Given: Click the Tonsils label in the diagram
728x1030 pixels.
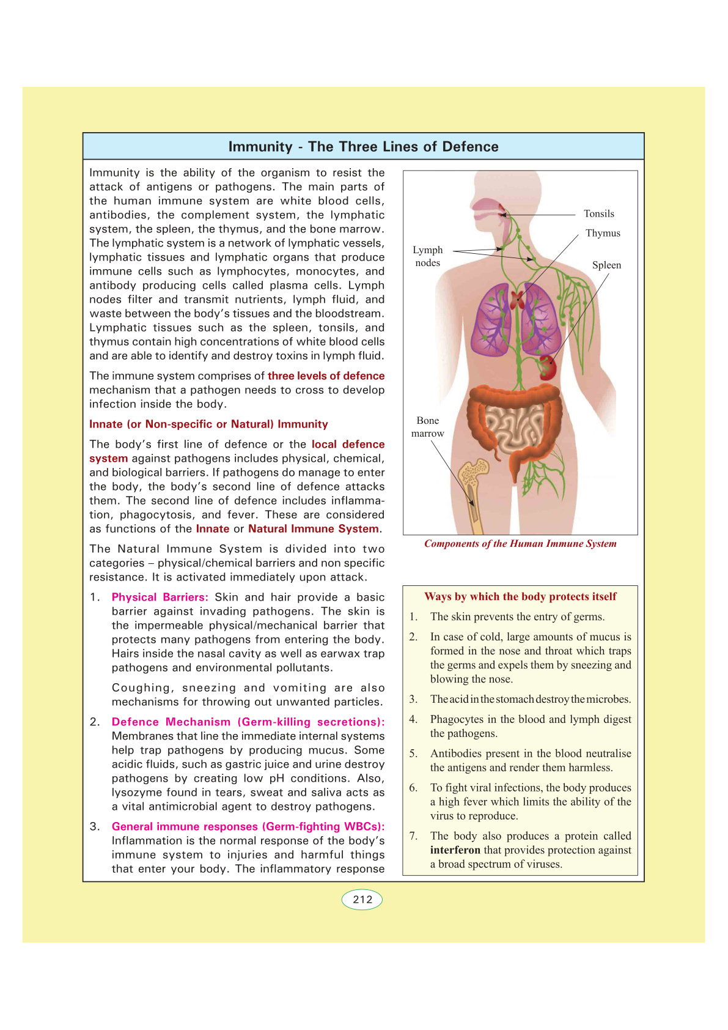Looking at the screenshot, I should pos(598,213).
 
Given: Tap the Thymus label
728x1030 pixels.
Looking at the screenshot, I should pos(603,233).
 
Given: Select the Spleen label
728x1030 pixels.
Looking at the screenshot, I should pos(606,265).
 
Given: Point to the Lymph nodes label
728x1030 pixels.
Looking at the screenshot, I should pos(428,256).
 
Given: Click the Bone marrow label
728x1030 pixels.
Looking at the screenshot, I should pos(428,427).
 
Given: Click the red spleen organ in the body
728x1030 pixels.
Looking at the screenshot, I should pos(548,368).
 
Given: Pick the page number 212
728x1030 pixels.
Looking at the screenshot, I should pos(362,900).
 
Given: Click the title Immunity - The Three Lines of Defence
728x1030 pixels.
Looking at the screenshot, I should pos(363,147).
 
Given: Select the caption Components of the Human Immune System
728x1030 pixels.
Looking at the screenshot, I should pos(520,544).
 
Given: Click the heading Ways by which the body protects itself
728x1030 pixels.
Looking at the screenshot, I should pos(520,596).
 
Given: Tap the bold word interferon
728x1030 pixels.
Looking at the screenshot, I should pos(455,850).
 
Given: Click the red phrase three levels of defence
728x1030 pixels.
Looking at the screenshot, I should pos(326,376).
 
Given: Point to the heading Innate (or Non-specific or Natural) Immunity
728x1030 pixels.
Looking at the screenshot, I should pos(208,424).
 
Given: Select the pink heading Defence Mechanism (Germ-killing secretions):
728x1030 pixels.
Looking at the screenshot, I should pos(248,722).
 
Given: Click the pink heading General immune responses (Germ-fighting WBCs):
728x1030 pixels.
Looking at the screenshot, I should pos(248,826).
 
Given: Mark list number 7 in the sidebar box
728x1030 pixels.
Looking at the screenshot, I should pos(414,836).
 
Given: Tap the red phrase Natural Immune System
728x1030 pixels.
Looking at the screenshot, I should pos(313,528).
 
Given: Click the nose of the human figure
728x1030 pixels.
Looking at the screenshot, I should pos(474,202).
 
